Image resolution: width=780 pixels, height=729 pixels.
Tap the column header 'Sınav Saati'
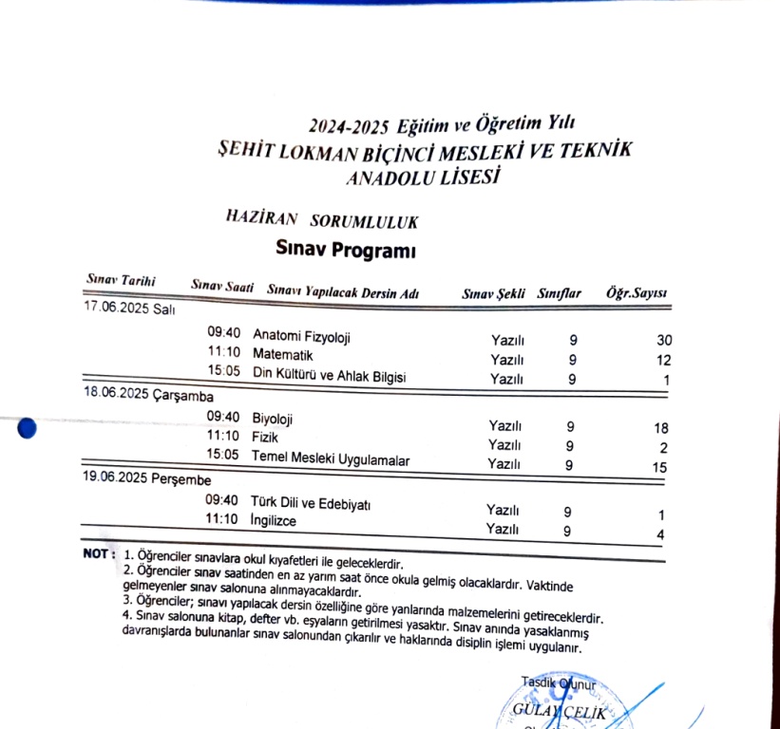(x=222, y=285)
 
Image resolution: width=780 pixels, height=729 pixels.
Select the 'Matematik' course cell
(x=283, y=355)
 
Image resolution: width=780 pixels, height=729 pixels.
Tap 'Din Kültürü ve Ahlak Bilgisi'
(x=329, y=376)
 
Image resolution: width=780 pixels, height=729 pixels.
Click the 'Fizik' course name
(x=266, y=438)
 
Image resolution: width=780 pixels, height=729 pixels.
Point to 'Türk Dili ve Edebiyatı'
(x=310, y=502)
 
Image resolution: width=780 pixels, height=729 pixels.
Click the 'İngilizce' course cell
(x=274, y=521)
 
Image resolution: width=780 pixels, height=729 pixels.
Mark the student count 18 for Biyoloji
(x=661, y=428)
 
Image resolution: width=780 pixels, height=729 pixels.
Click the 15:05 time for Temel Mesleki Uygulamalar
(x=222, y=456)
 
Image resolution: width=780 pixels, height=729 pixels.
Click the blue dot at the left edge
(x=27, y=428)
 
